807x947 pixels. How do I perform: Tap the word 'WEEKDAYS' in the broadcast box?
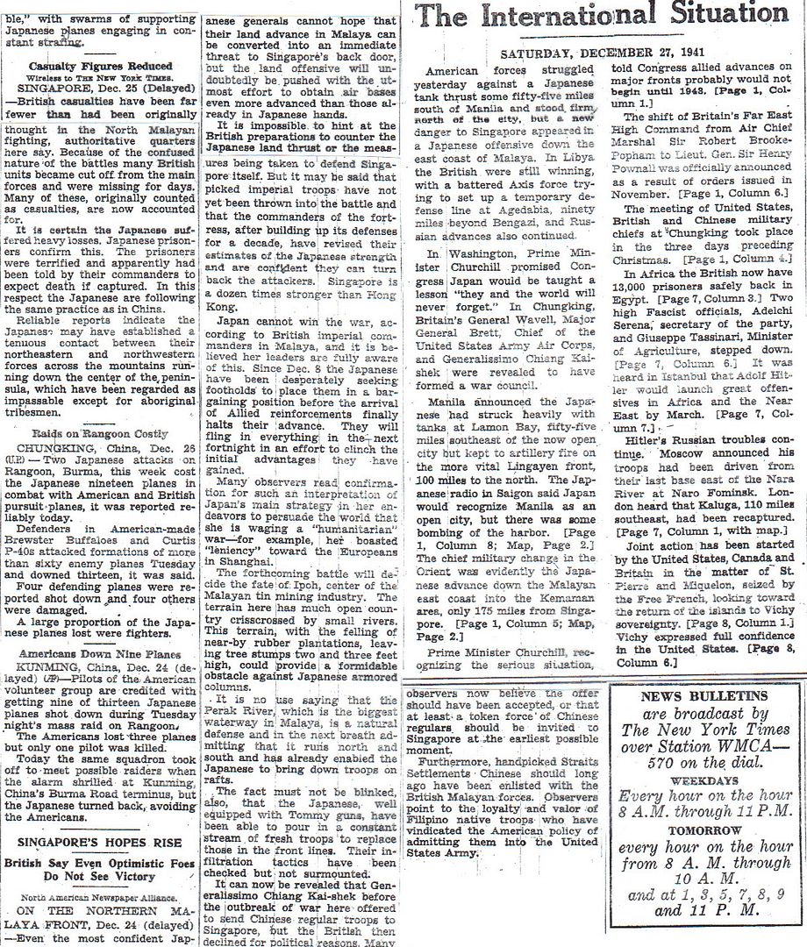coord(692,780)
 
